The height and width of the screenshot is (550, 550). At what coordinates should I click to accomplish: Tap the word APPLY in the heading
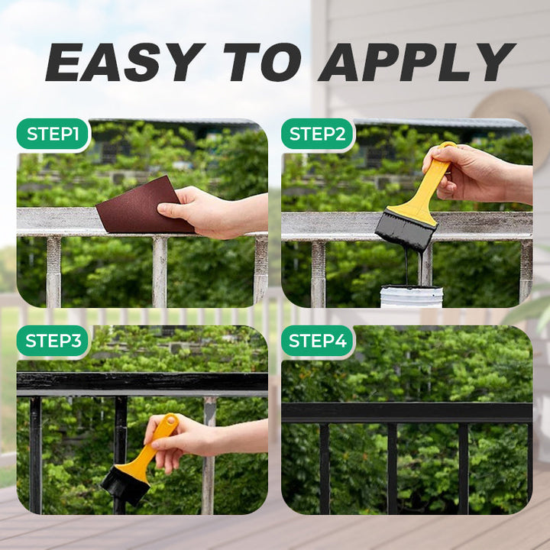417,63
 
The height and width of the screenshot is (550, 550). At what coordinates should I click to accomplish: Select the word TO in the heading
262,63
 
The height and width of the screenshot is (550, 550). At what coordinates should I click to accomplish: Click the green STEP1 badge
53,134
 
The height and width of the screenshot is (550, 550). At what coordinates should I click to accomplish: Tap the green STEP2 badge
318,134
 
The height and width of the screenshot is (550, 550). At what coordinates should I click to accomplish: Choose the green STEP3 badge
53,341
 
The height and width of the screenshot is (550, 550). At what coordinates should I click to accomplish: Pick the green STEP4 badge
318,341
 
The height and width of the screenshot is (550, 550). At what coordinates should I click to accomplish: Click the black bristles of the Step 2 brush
405,230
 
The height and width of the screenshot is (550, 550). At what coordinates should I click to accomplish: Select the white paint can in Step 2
411,296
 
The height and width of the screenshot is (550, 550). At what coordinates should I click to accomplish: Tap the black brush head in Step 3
125,487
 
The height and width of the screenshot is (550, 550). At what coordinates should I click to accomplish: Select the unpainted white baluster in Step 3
209,456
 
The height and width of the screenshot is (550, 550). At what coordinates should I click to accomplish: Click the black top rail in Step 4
407,412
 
